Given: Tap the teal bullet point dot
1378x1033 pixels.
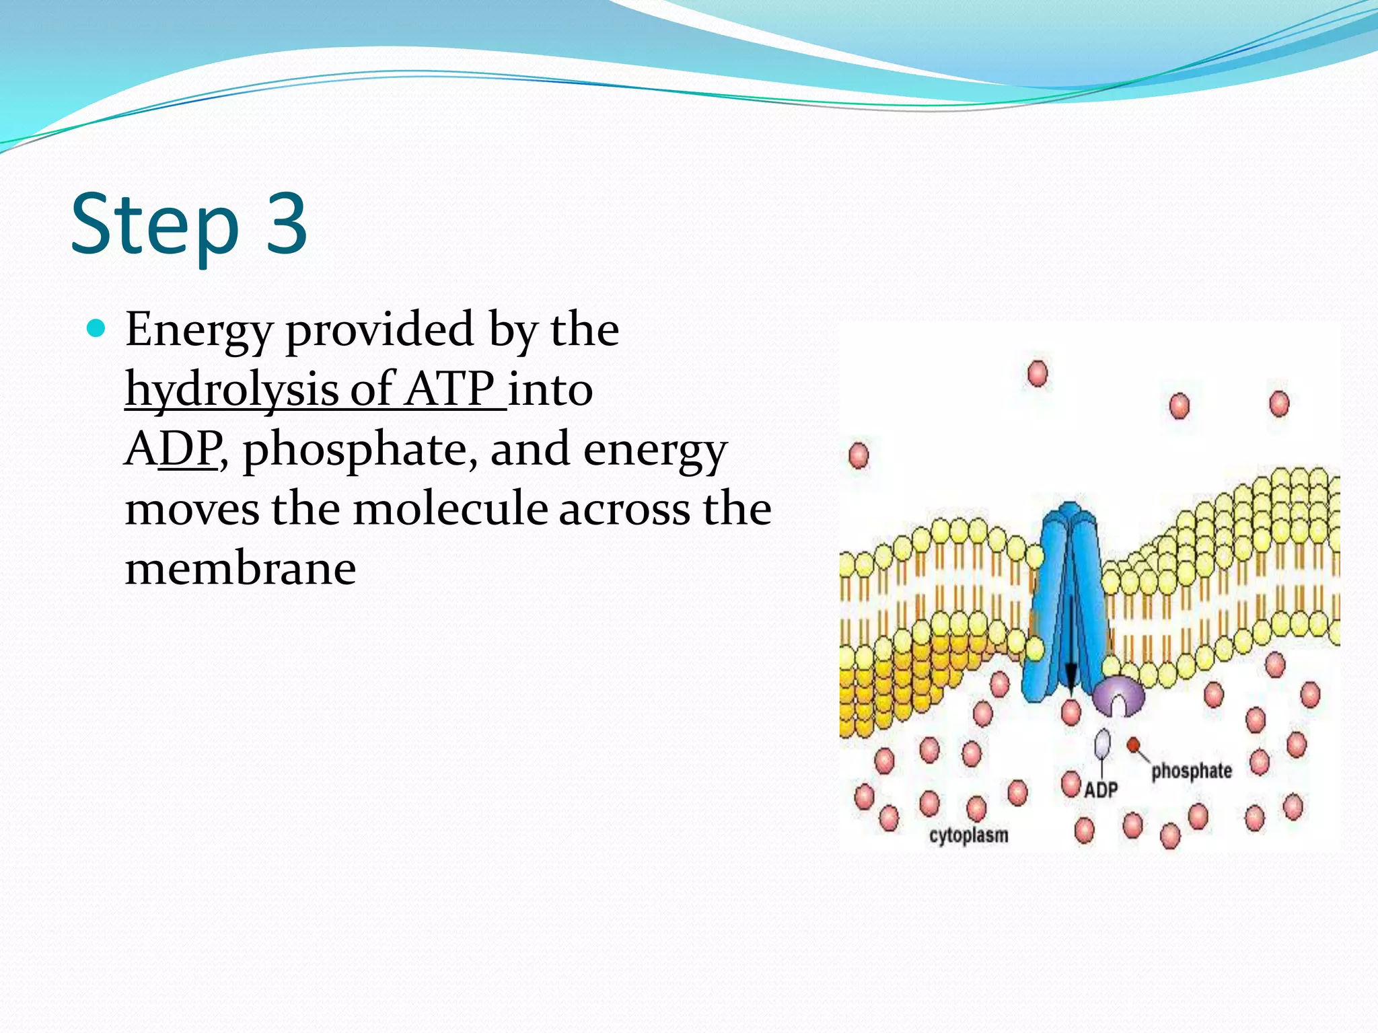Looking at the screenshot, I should pyautogui.click(x=97, y=328).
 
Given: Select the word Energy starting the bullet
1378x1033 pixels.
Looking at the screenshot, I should pyautogui.click(x=198, y=331).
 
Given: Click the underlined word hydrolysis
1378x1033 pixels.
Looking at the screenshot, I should pyautogui.click(x=231, y=390).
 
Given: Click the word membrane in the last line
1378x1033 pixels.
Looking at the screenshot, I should pyautogui.click(x=240, y=568).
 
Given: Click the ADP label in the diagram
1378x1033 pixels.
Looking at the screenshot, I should pyautogui.click(x=1101, y=790).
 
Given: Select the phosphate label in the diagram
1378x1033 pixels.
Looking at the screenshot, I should pyautogui.click(x=1191, y=771).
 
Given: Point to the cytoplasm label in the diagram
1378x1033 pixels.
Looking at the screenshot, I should pyautogui.click(x=968, y=835).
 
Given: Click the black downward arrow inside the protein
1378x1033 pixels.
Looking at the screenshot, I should pyautogui.click(x=1071, y=646).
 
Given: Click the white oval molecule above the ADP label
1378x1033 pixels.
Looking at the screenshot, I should pyautogui.click(x=1102, y=744).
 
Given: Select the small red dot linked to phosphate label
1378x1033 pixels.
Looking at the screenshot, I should pyautogui.click(x=1134, y=744).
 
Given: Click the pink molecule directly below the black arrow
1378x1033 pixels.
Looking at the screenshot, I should pyautogui.click(x=1071, y=712).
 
